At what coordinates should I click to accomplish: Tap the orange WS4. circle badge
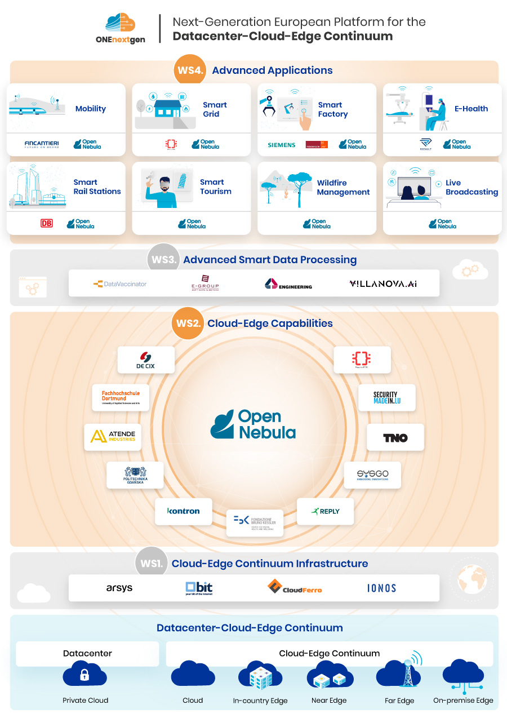[189, 70]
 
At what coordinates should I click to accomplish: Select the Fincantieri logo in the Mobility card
[42, 144]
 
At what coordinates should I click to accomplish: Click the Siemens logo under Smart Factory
[282, 145]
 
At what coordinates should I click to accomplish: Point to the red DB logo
[46, 223]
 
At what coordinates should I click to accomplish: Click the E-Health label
[471, 109]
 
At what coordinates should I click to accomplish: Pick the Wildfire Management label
[343, 187]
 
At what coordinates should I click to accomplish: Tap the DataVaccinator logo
[120, 284]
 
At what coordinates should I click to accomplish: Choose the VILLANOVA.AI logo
[383, 284]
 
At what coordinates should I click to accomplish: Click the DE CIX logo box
[146, 360]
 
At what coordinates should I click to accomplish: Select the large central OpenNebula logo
[253, 424]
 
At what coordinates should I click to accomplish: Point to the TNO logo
[395, 437]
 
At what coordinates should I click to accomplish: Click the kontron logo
[184, 511]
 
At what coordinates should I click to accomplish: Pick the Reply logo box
[326, 511]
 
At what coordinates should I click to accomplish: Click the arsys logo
[119, 588]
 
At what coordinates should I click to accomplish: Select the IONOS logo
[381, 588]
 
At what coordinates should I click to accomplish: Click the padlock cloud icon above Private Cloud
[85, 675]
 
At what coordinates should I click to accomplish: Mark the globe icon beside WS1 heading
[472, 579]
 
